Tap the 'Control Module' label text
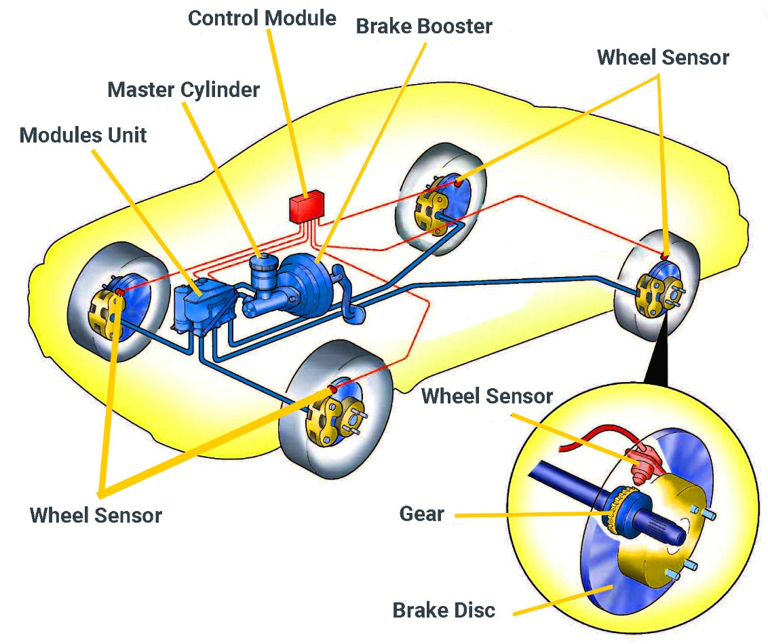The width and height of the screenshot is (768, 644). (262, 18)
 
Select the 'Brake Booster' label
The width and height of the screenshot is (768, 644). (423, 26)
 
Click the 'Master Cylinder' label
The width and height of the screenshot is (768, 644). (183, 90)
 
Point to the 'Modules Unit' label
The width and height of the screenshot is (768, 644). (83, 135)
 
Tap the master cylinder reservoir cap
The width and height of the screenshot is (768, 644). (263, 258)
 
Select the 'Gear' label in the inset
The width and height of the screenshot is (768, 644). (422, 514)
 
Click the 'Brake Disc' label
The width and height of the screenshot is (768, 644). (444, 610)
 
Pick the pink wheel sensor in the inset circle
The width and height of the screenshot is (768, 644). (643, 463)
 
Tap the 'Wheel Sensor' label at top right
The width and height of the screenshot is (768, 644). (663, 57)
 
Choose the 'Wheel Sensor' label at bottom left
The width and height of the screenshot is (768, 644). (96, 516)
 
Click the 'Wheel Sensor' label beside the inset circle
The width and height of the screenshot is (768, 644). (487, 396)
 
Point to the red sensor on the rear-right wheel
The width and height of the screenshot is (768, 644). (664, 256)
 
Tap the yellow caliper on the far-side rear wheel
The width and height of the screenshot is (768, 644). (431, 210)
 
